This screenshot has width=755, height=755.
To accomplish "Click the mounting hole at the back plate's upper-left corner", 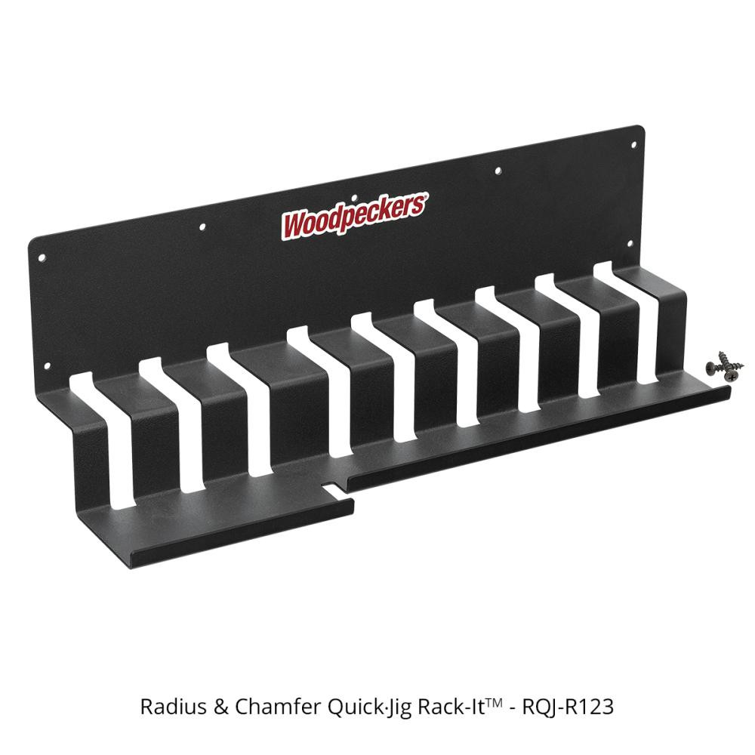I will tap(43, 258).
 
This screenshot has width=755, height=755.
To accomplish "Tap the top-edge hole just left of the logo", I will tap(202, 225).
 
